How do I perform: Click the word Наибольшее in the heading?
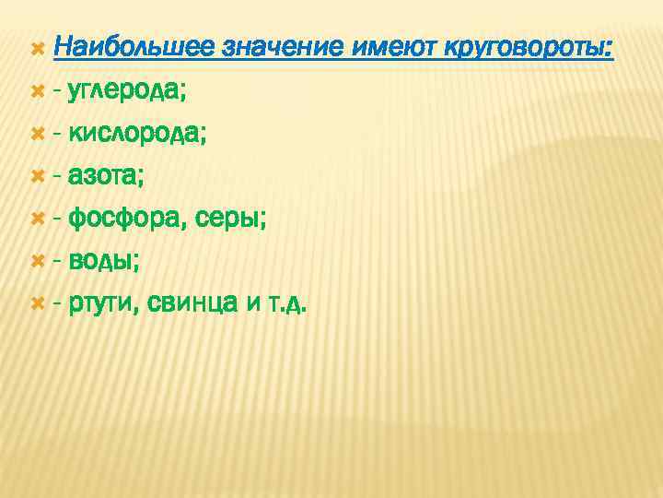click(134, 47)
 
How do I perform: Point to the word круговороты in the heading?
click(529, 47)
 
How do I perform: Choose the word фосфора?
click(125, 219)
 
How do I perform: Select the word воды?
click(105, 261)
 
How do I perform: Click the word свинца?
click(194, 303)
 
